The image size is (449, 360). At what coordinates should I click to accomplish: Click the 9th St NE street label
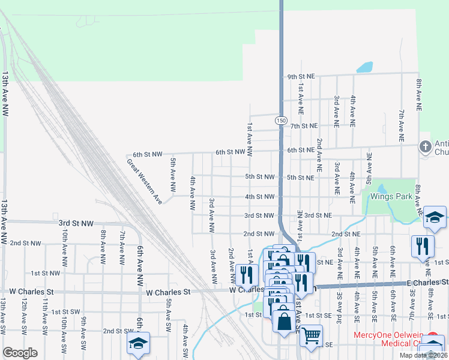301,77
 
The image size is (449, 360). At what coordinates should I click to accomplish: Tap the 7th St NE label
303,126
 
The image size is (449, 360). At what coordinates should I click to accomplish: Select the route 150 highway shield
280,121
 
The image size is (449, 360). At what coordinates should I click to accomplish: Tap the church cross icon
425,146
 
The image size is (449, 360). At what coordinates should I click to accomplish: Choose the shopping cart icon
311,337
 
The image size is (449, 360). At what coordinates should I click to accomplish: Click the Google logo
20,353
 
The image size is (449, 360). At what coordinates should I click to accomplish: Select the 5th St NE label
301,178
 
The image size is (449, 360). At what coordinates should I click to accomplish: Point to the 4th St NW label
260,196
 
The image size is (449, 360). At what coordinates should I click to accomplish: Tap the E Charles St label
427,282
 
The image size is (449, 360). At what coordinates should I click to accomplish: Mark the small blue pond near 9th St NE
364,67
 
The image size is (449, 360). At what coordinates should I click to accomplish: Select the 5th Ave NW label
173,170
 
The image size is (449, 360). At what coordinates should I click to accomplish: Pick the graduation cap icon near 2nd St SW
137,344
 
